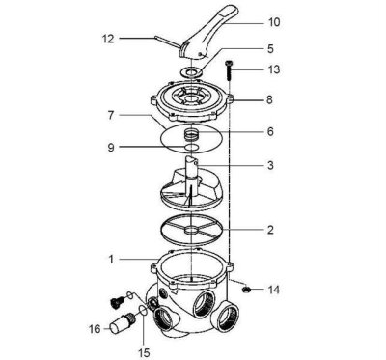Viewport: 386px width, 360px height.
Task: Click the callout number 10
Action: click(x=273, y=20)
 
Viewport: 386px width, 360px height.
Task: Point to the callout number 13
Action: click(x=273, y=69)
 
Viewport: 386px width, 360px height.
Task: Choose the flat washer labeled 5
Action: click(x=194, y=70)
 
